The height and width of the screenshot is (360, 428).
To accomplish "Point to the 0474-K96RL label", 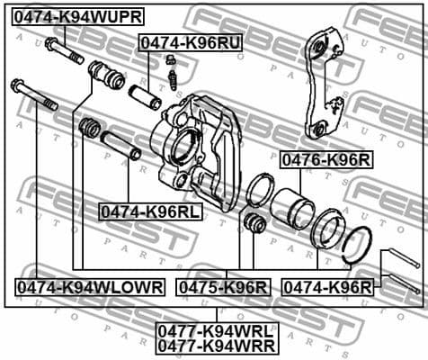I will tap(151, 211).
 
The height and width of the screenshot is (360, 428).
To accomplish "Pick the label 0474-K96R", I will tap(327, 286).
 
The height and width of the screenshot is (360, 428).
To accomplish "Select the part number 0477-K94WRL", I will tap(217, 328).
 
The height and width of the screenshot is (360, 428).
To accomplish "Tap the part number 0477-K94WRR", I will tap(217, 344).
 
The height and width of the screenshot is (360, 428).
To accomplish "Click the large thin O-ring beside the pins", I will tap(358, 244).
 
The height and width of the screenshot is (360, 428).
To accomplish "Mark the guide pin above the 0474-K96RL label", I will tap(120, 144).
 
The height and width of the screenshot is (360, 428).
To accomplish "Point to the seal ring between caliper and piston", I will tap(261, 192).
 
